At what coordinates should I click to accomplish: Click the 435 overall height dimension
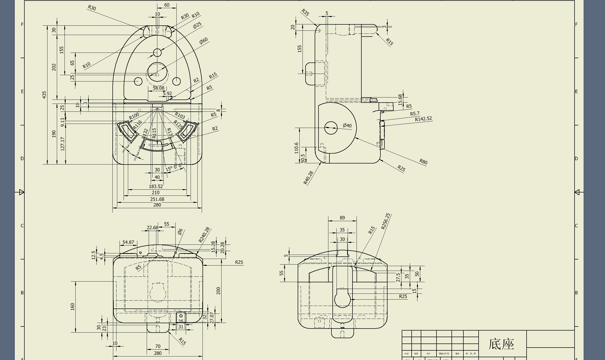[x=44, y=95]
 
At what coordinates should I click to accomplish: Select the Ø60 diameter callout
[x=204, y=41]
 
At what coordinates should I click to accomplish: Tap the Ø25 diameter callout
[x=197, y=25]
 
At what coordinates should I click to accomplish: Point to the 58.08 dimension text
[x=159, y=88]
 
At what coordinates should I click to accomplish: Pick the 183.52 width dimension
[x=156, y=186]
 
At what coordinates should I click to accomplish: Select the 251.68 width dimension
[x=157, y=199]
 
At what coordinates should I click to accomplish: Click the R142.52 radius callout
[x=423, y=119]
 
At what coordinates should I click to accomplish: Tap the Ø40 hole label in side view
[x=347, y=125]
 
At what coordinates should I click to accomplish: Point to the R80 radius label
[x=423, y=161]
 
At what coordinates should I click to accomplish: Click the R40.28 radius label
[x=308, y=177]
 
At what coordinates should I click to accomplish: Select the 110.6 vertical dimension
[x=296, y=148]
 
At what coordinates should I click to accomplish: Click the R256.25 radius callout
[x=385, y=221]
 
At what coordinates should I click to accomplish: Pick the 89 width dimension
[x=342, y=218]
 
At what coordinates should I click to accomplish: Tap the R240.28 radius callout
[x=204, y=235]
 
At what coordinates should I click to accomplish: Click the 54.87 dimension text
[x=128, y=242]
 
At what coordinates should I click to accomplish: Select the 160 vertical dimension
[x=73, y=306]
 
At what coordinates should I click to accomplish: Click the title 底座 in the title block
[x=501, y=344]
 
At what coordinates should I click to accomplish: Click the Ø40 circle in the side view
[x=331, y=128]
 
